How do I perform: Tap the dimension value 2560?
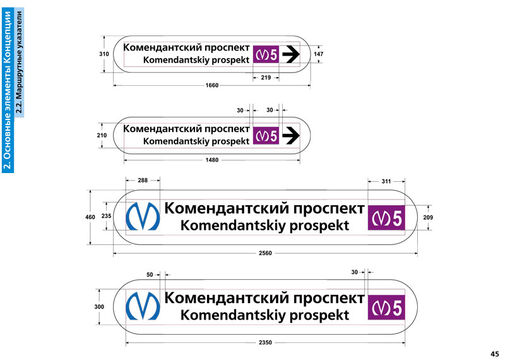click(x=265, y=253)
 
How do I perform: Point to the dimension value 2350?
click(x=265, y=342)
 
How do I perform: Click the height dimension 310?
click(x=104, y=54)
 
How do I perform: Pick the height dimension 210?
click(x=102, y=135)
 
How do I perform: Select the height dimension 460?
click(x=90, y=217)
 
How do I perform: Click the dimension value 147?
click(x=318, y=54)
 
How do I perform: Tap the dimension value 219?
click(x=266, y=77)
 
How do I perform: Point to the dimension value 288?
click(x=143, y=181)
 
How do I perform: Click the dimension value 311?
click(x=386, y=181)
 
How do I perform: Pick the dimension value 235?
click(x=106, y=215)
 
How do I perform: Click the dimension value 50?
click(x=150, y=275)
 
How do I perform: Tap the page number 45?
click(x=494, y=353)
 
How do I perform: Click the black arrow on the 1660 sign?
click(x=290, y=54)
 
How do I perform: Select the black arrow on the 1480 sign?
click(x=290, y=135)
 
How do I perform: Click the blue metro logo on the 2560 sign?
click(x=143, y=216)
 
